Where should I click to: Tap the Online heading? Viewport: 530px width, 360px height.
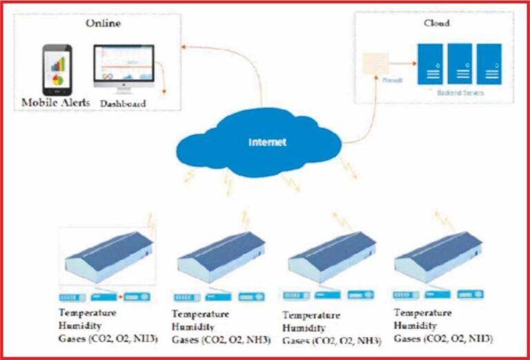104,23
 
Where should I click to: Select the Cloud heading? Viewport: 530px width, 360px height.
436,23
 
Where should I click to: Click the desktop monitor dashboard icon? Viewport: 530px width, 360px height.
125,69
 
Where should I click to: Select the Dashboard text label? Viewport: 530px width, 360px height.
125,103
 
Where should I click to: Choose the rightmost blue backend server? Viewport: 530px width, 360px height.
489,63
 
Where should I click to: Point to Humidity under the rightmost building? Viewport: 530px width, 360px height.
415,326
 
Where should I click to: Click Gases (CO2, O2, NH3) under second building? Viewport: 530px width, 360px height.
221,340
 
